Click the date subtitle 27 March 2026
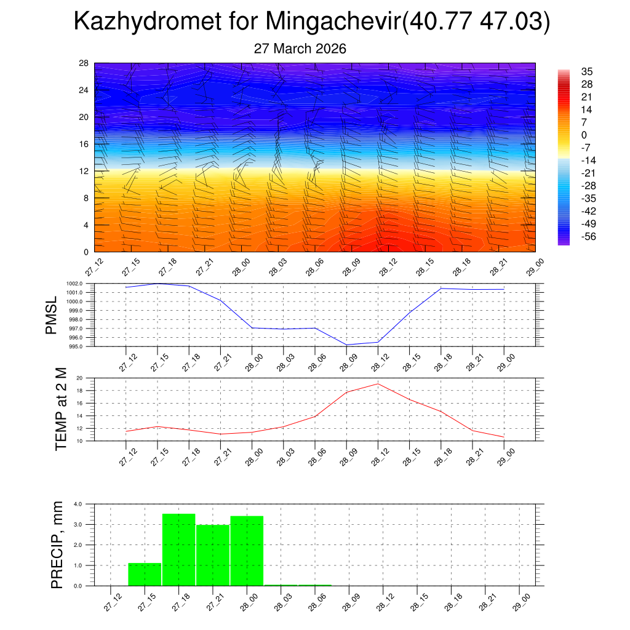click(300, 49)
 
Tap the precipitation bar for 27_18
click(178, 549)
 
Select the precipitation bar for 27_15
click(145, 574)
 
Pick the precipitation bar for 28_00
click(247, 551)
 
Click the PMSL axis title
click(53, 314)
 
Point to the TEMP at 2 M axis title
click(60, 409)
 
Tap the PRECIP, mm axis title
click(57, 544)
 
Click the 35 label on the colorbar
click(586, 72)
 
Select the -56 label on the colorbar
click(589, 236)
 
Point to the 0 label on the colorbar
click(584, 135)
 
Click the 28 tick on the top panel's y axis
click(84, 63)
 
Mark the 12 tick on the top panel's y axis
click(84, 171)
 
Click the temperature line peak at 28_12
click(378, 384)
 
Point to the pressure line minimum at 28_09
click(346, 345)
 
